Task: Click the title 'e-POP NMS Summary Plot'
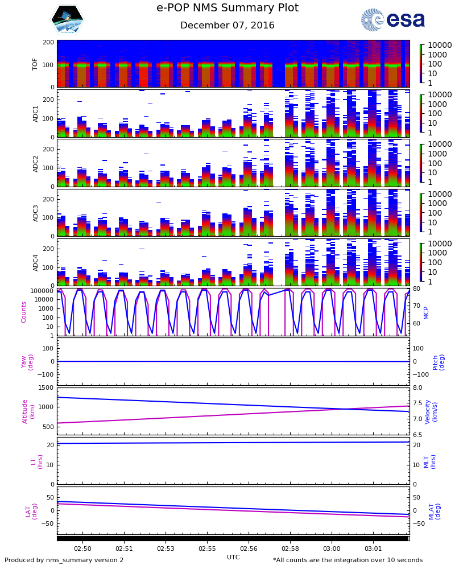pos(227,8)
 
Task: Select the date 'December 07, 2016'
pos(227,26)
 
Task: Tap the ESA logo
pos(393,20)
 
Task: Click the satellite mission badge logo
pos(67,19)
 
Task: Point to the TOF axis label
pos(35,64)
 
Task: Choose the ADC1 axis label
pos(35,113)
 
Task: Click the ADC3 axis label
pos(35,213)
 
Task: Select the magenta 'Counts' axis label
pos(24,312)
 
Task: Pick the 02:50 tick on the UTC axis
pos(82,548)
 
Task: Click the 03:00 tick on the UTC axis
pos(332,548)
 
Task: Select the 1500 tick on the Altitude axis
pos(47,388)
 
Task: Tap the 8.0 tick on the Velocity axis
pos(417,388)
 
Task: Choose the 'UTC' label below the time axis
pos(233,557)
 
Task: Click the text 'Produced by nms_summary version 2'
pos(64,560)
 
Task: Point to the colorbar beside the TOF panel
pos(421,64)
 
